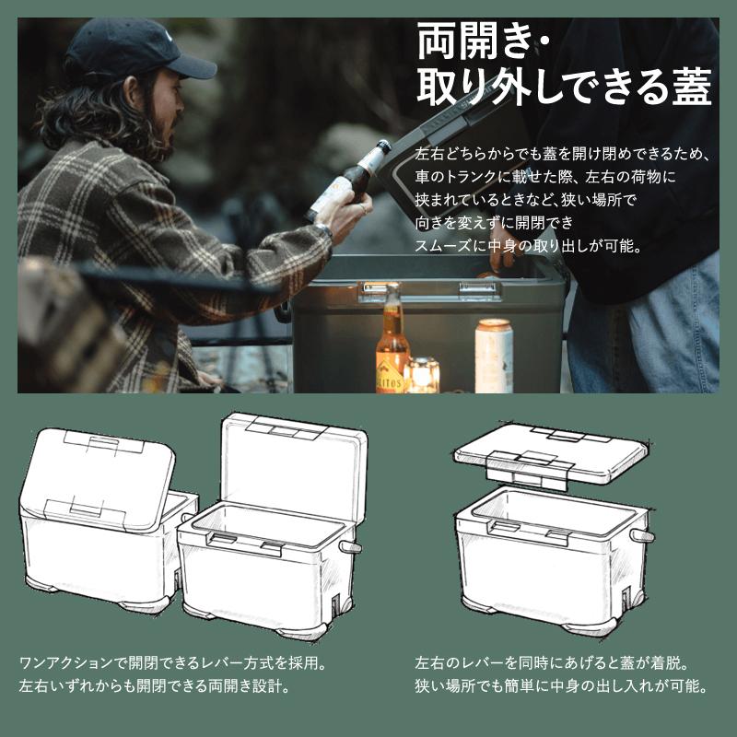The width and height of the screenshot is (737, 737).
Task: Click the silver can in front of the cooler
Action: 493,355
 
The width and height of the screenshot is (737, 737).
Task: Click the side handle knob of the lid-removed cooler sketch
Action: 641,537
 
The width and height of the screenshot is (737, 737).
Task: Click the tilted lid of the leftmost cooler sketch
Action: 101,479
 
